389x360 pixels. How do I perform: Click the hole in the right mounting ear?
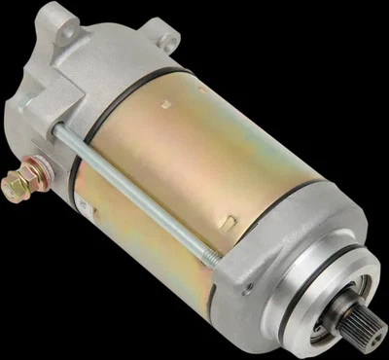(x=171, y=41)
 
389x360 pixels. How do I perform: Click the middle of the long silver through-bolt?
(x=136, y=190)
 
